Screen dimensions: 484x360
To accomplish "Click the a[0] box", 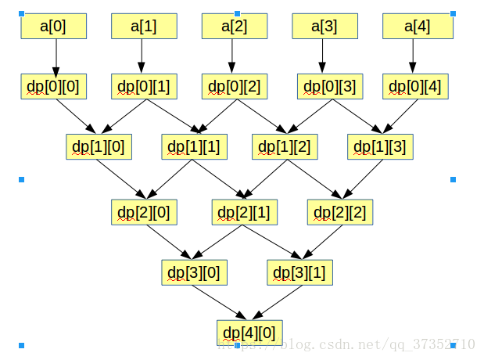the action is click(x=53, y=26).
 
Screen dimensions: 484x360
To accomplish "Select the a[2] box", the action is click(x=235, y=26).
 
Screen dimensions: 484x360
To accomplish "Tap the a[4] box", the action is click(x=418, y=26).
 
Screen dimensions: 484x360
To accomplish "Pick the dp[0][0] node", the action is click(x=53, y=86).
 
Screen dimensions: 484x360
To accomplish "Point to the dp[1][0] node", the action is click(x=99, y=146).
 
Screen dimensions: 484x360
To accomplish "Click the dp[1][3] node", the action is click(x=380, y=146).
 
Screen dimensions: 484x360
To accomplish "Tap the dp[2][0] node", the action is click(x=144, y=211).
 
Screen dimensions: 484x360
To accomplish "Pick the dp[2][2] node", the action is click(x=340, y=211).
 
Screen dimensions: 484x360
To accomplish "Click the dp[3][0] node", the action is click(x=194, y=272).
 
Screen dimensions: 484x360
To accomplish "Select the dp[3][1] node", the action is click(x=299, y=272).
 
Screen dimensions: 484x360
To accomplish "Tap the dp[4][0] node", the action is click(x=250, y=333).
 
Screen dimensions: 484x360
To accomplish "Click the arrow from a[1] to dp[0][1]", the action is click(x=142, y=56).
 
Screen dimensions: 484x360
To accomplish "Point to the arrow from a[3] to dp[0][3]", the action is click(x=323, y=56).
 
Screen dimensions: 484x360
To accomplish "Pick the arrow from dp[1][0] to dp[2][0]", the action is click(x=121, y=178).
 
